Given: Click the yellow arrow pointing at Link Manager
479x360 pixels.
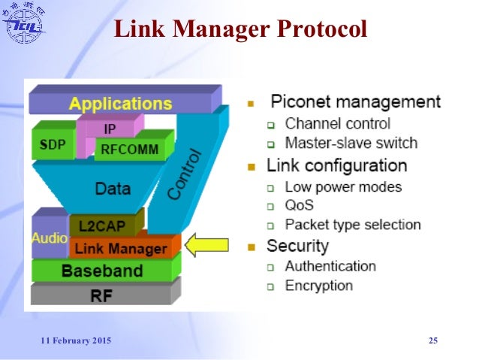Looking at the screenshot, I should (x=208, y=244).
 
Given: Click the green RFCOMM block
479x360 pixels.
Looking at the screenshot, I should (x=130, y=149).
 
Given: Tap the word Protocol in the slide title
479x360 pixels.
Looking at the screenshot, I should (x=321, y=29).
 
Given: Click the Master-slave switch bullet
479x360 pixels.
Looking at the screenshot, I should (x=351, y=143).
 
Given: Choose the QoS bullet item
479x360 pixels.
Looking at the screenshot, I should (x=299, y=204).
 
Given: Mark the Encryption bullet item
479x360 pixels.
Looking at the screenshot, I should (x=318, y=286).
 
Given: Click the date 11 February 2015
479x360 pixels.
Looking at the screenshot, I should (x=75, y=341).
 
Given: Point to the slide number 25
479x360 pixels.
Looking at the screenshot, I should (x=432, y=341).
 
